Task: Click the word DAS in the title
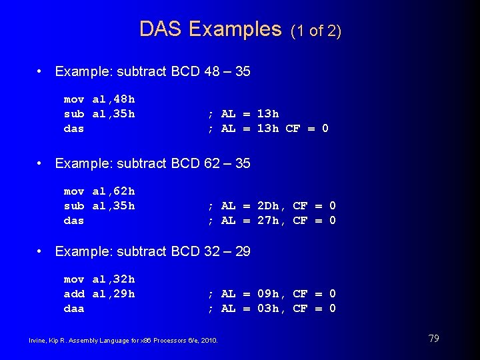click(161, 29)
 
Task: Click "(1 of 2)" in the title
click(317, 31)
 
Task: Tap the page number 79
click(433, 339)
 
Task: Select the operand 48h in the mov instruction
click(124, 99)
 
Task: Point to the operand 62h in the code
click(124, 192)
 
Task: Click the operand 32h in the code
click(124, 279)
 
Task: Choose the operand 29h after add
click(124, 294)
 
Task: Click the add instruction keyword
click(74, 294)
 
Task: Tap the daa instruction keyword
click(74, 309)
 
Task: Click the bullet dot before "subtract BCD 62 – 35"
click(41, 163)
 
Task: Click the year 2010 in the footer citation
click(209, 341)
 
